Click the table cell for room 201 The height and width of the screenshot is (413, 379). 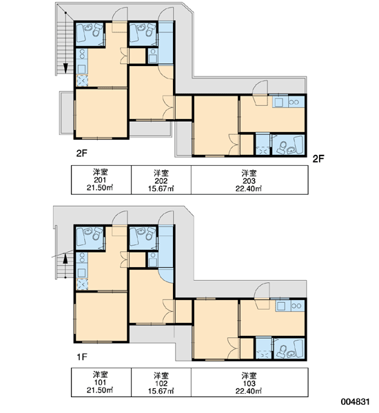click(x=101, y=180)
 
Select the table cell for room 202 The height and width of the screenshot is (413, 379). click(x=161, y=180)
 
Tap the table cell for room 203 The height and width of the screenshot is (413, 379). click(x=249, y=180)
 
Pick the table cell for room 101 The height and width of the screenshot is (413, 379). click(x=101, y=382)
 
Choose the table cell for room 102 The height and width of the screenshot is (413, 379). click(x=161, y=382)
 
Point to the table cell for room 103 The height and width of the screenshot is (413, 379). click(x=249, y=382)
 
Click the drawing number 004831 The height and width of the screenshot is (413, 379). click(x=355, y=402)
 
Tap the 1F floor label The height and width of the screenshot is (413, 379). click(x=82, y=357)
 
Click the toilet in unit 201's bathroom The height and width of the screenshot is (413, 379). click(x=96, y=30)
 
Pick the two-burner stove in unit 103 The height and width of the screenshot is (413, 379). click(x=297, y=306)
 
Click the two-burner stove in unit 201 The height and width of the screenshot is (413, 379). click(x=82, y=54)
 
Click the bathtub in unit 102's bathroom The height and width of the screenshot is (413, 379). click(x=134, y=238)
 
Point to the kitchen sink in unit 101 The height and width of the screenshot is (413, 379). click(x=82, y=272)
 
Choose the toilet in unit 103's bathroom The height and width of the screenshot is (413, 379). click(x=282, y=352)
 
